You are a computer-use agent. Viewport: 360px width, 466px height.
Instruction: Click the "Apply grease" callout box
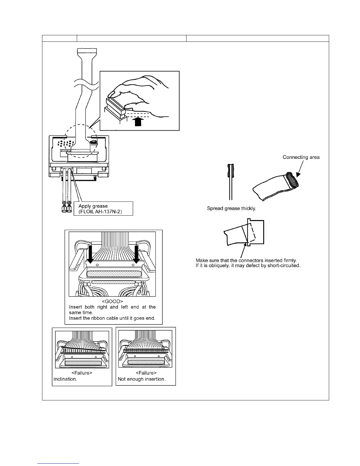[x=103, y=209]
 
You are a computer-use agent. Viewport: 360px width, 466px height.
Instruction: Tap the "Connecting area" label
[x=301, y=157]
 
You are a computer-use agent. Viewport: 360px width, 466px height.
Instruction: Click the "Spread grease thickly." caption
[x=231, y=209]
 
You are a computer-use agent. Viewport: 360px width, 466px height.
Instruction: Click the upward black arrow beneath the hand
[x=138, y=122]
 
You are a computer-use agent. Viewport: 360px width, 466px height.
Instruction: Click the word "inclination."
[x=65, y=379]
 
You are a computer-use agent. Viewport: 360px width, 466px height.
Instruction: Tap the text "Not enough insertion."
[x=141, y=379]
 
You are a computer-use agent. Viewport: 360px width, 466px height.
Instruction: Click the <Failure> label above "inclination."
[x=82, y=373]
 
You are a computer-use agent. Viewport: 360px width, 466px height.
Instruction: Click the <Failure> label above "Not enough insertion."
[x=146, y=373]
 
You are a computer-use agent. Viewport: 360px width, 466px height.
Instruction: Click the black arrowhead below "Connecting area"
[x=299, y=174]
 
